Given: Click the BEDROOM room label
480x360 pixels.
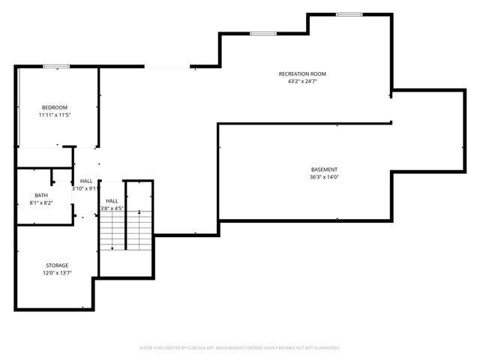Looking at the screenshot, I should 54,108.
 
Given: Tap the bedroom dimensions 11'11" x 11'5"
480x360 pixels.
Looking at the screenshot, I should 54,115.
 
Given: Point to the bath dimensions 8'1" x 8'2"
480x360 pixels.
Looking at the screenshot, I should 40,202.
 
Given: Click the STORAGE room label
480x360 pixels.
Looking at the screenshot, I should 56,265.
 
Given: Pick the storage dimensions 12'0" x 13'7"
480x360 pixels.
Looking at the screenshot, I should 56,273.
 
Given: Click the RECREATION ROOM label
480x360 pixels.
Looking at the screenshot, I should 302,73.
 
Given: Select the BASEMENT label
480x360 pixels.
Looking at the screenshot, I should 324,169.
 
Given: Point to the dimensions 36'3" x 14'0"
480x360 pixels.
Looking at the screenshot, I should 324,177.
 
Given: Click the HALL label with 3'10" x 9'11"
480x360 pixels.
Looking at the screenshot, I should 86,181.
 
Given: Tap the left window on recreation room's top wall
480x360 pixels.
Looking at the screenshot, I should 262,33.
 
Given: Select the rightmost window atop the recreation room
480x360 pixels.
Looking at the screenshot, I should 349,14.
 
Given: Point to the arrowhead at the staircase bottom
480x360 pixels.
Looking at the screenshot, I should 112,247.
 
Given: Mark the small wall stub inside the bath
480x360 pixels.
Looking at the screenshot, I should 52,178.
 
